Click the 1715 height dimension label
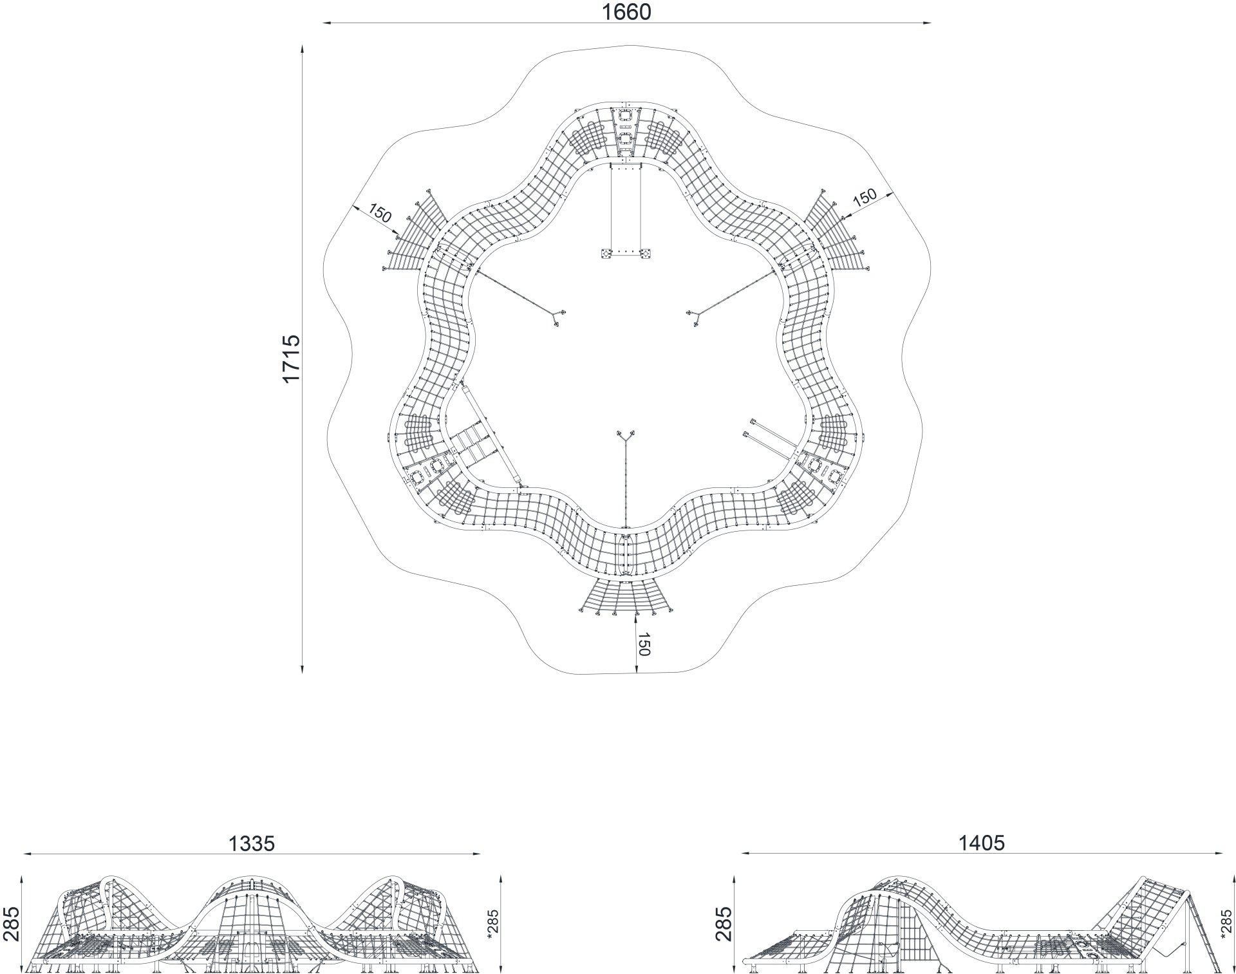pos(291,359)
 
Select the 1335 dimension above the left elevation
pos(252,843)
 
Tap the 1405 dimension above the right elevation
pos(982,843)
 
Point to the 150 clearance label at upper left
pos(380,212)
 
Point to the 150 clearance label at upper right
pos(865,197)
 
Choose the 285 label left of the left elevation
pos(11,924)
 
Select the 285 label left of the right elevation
pos(724,924)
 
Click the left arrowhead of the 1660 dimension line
pos(327,23)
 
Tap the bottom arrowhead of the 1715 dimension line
pos(302,669)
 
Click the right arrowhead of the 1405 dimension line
pos(1220,854)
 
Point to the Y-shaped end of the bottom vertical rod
pos(625,436)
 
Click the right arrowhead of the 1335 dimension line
pos(476,854)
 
